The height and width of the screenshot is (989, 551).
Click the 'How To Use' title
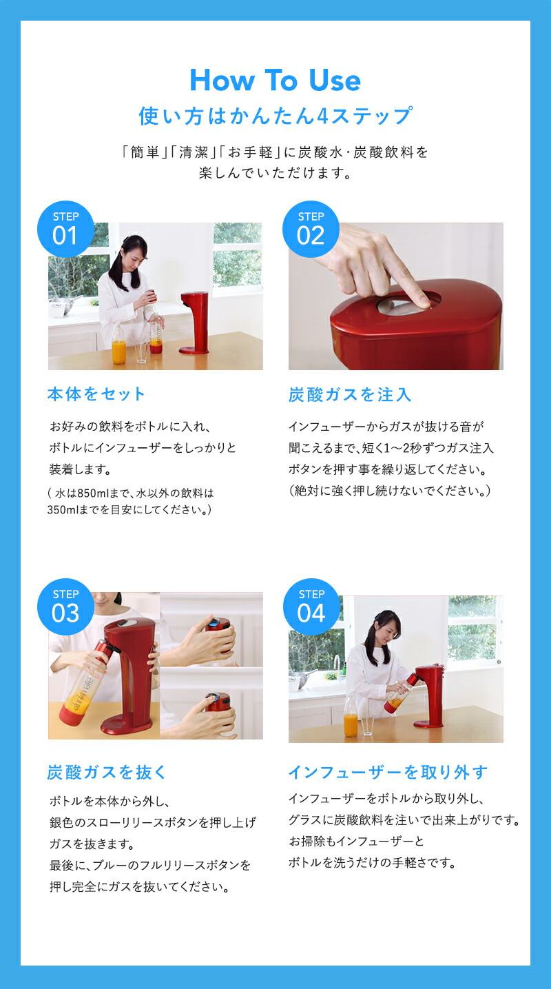click(x=275, y=81)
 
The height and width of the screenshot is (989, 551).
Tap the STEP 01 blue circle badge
click(x=65, y=229)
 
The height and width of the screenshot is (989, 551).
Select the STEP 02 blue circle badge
click(x=311, y=229)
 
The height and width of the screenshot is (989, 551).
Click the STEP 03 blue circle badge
click(x=65, y=606)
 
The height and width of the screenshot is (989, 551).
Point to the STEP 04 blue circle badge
click(x=311, y=606)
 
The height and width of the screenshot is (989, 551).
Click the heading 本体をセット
click(x=96, y=394)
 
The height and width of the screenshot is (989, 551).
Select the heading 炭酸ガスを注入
click(x=350, y=395)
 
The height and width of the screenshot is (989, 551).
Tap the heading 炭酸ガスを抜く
click(x=107, y=772)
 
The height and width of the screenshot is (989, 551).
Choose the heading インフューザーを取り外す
click(x=388, y=772)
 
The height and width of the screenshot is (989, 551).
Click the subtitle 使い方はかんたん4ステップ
click(x=275, y=116)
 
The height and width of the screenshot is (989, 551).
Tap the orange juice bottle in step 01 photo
click(x=119, y=345)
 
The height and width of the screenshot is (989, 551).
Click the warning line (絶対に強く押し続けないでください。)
click(x=390, y=491)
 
